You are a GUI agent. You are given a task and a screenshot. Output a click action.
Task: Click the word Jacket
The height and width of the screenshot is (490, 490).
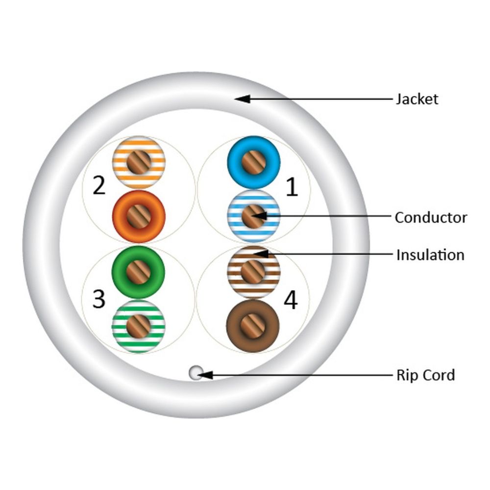click(x=417, y=99)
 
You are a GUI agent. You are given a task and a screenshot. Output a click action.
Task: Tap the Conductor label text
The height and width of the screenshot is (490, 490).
click(x=431, y=217)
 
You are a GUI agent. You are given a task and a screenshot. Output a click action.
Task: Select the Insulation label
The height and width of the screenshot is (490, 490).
click(x=430, y=255)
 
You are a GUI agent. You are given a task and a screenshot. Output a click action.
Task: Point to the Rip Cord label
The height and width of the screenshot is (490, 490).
click(x=425, y=375)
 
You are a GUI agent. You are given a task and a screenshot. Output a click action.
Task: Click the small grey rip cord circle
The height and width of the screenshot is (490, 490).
click(x=195, y=373)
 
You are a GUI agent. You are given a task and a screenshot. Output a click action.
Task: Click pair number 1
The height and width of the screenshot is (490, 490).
click(x=292, y=187)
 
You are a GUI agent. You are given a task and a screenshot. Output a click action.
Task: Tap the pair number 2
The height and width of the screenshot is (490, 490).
click(x=99, y=186)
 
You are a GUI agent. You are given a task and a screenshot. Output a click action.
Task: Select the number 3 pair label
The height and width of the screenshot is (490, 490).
click(x=99, y=299)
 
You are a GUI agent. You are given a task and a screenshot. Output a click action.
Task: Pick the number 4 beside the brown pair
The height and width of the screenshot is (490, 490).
click(x=291, y=300)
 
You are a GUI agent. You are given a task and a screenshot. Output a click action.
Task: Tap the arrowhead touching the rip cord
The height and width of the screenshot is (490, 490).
click(x=206, y=375)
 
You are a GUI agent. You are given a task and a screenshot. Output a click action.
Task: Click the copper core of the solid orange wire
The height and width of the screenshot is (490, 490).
click(x=139, y=216)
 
